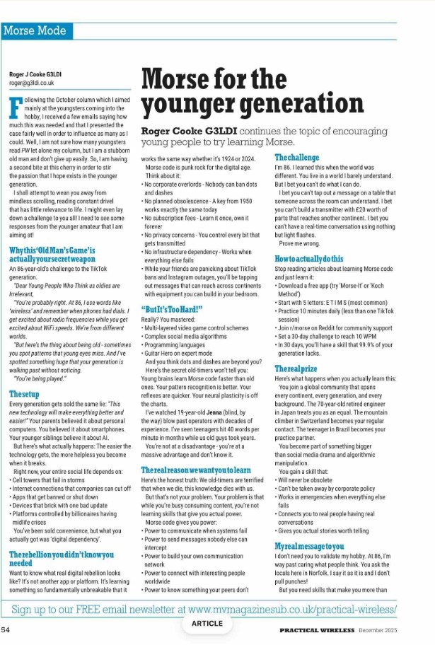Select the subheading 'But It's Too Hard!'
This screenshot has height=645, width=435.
[x=163, y=309]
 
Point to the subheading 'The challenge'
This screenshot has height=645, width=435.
[x=296, y=157]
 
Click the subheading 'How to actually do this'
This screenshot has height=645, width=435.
[x=308, y=259]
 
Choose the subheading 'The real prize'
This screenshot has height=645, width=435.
[x=296, y=368]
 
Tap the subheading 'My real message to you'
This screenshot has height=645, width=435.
[x=309, y=546]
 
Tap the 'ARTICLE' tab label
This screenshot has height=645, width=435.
[x=207, y=624]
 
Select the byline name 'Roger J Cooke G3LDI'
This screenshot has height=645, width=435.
[x=35, y=74]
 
